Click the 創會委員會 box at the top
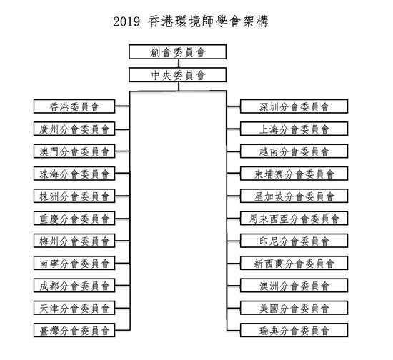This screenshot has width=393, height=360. coord(178,52)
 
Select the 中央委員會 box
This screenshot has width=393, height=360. coord(178,75)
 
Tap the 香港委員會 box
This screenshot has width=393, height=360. coord(74,106)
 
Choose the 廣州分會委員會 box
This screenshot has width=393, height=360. coord(74,129)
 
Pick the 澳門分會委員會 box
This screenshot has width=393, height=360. coord(74,151)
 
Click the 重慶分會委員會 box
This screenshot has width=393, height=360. coord(74,219)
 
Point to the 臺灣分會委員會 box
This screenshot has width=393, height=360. coord(74,330)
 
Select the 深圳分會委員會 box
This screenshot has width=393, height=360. coord(294,106)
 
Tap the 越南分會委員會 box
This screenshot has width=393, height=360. coord(294,151)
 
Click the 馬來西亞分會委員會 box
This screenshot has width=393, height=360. coord(294,219)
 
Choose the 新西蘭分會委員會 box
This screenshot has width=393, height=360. coord(294,263)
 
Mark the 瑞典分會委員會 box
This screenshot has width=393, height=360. coord(294,330)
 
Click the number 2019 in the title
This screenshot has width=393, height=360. coord(126,21)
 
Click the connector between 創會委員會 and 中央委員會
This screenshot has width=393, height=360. coord(179,64)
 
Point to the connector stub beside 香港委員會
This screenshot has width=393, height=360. coord(123,106)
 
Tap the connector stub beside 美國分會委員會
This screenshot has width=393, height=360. coord(234,308)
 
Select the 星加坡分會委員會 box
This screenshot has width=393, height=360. coord(294,196)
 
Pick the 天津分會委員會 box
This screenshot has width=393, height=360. coord(74,308)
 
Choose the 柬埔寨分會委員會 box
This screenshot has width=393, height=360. coord(294,174)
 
